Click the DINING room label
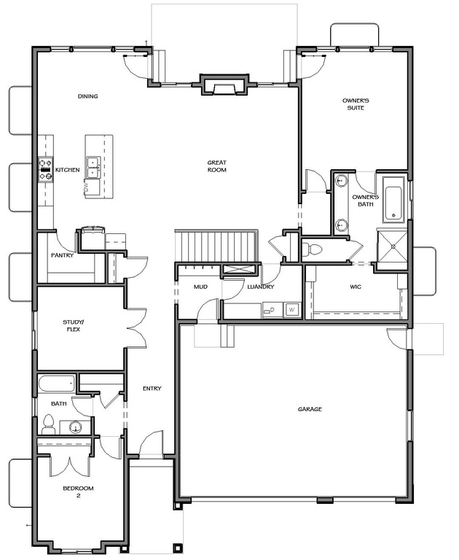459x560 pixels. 88,96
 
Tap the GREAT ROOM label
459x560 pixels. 217,166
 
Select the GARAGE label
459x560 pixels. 310,409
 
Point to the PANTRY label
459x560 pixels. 62,255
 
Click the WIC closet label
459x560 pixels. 356,287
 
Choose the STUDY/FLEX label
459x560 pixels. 74,325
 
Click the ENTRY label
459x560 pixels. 152,388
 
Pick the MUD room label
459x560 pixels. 200,287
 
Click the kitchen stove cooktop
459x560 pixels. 46,170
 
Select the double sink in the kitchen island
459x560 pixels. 93,168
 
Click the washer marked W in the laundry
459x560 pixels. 292,310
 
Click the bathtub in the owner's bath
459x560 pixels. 393,198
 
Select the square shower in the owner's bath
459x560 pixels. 393,246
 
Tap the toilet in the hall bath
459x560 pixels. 47,424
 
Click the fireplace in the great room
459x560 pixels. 224,85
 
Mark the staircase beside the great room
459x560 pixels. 216,246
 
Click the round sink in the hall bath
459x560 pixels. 75,427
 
